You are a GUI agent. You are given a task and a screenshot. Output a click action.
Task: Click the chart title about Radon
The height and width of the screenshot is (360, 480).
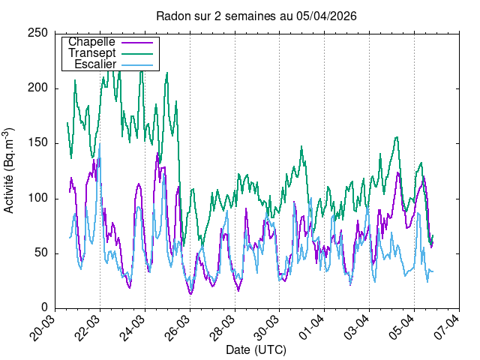point(256,16)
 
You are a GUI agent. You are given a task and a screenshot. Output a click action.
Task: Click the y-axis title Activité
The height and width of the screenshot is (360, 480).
point(10,171)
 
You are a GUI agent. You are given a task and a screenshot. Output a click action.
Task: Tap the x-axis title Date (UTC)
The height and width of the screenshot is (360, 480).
point(256,350)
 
